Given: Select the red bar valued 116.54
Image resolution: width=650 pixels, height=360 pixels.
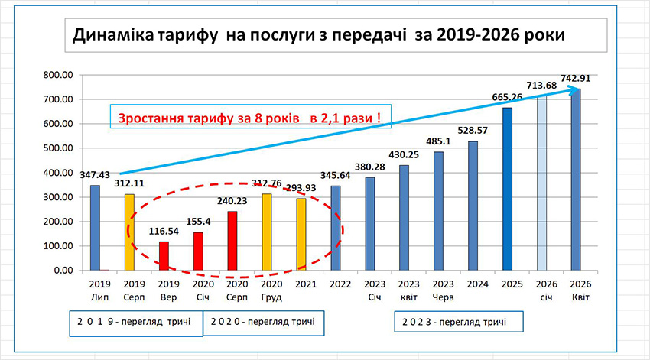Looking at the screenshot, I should tap(163, 256).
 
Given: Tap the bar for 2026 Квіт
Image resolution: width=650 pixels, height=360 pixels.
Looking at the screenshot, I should tap(576, 180).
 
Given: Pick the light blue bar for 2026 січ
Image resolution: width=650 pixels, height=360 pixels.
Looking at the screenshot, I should tap(541, 183).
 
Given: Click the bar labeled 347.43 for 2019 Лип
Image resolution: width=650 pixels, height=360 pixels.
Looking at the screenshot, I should tap(95, 228).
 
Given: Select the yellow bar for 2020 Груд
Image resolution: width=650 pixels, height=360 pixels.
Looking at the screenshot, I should tap(266, 232).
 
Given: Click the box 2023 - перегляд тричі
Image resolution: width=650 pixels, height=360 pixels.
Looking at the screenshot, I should tap(460, 322).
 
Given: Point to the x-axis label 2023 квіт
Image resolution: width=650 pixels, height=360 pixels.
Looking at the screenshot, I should tap(404, 290).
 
